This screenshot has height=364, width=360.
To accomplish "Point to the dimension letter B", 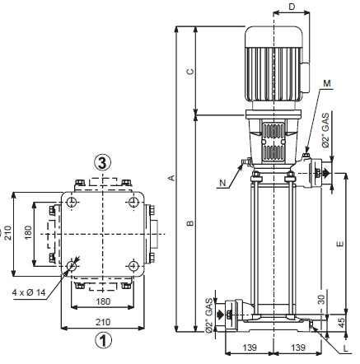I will (x=189, y=223).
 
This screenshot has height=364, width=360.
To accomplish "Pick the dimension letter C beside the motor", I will (x=189, y=72).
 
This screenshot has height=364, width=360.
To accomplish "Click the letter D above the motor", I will (x=292, y=7).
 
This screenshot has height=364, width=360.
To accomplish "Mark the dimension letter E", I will (x=339, y=244).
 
